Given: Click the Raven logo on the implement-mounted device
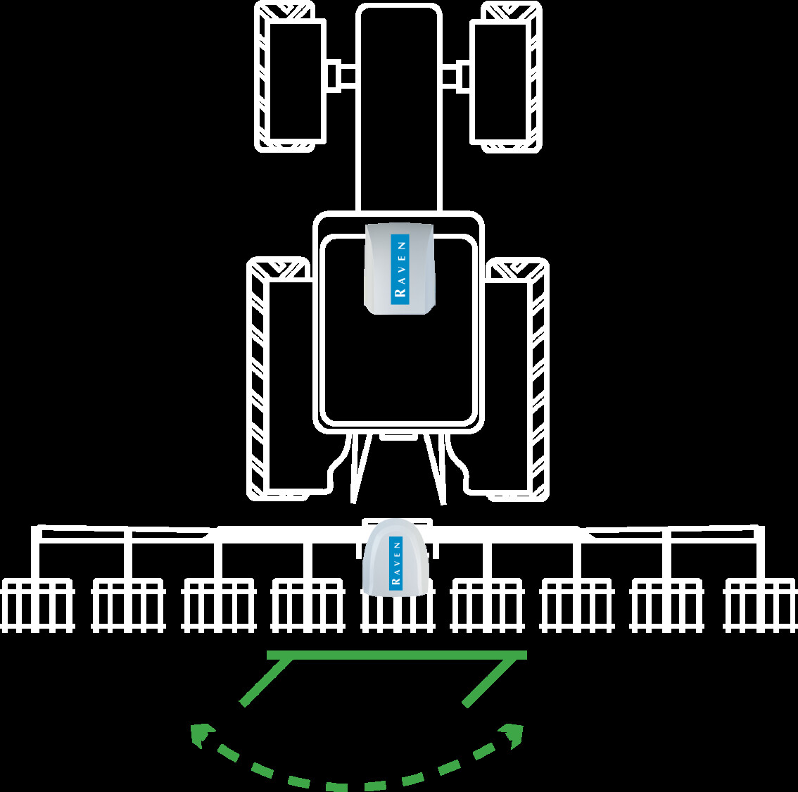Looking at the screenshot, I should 396,562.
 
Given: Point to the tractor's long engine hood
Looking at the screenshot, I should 398,106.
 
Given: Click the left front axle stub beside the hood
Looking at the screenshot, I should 342,75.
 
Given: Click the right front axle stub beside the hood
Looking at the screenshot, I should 456,75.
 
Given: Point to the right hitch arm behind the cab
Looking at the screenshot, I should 434,468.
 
